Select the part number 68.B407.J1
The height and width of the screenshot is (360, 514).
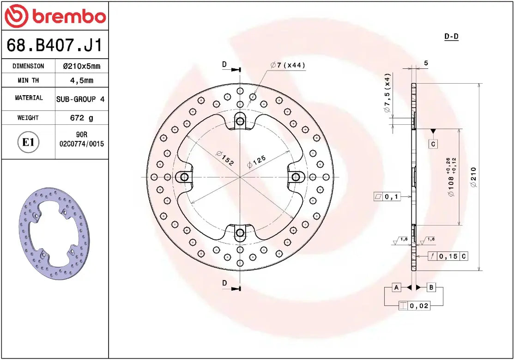(x=54, y=46)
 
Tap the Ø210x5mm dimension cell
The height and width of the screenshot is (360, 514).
(x=81, y=66)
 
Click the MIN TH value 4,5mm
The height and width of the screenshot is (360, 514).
(x=81, y=80)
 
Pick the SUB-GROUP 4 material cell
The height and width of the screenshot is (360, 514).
(x=80, y=99)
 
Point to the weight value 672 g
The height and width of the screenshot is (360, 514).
(x=81, y=118)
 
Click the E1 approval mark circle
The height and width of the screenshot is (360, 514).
(x=28, y=142)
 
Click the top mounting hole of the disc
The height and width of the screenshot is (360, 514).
(x=240, y=122)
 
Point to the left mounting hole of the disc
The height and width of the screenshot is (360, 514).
(x=184, y=177)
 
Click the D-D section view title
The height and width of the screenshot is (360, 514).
(x=451, y=37)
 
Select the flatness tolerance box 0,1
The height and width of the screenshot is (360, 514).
(x=387, y=197)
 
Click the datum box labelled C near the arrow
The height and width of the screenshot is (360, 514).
(x=433, y=144)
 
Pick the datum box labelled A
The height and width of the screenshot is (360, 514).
(x=396, y=287)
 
